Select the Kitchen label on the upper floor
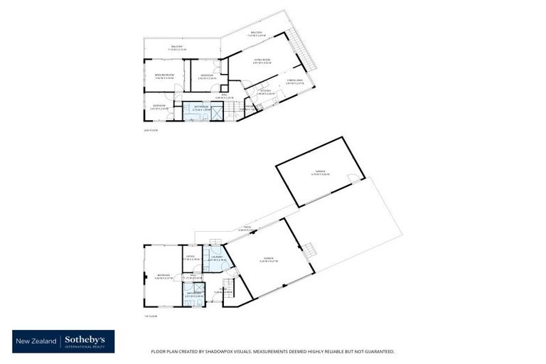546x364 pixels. pos(266,92)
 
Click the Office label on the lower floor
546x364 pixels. pos(190,257)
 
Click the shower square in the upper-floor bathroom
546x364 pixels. pos(214,109)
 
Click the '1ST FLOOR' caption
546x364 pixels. pos(150,315)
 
